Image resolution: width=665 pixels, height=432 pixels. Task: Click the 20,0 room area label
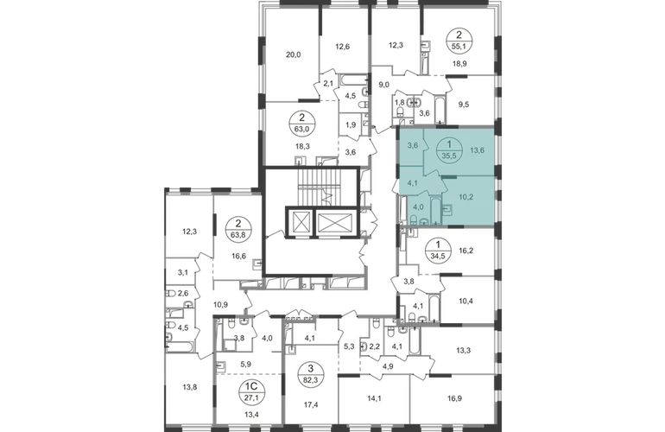tap(293, 54)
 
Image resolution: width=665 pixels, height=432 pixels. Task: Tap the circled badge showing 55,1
tap(461, 39)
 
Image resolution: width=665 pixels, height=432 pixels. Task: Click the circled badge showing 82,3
tap(311, 372)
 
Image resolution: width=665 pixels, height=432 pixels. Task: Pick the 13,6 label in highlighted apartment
tap(477, 149)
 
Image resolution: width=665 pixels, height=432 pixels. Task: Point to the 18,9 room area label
tap(460, 64)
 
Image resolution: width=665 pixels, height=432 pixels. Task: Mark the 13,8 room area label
tap(189, 386)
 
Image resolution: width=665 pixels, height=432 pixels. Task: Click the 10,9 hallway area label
tap(221, 304)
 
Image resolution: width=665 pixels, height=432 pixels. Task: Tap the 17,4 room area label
tap(311, 405)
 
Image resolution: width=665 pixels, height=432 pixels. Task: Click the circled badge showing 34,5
tap(439, 251)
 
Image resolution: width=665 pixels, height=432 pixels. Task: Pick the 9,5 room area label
tap(464, 104)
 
